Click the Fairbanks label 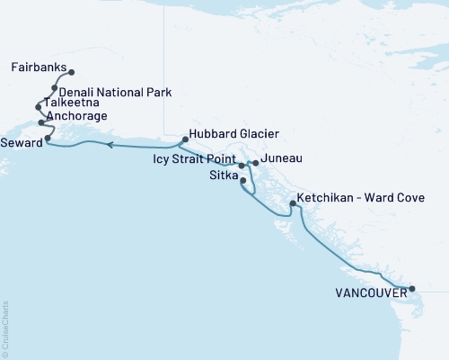[38, 67]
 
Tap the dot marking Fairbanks [71, 72]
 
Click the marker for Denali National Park [55, 88]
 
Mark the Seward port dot [48, 139]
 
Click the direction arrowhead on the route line [108, 144]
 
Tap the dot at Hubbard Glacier [184, 139]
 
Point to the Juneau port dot [256, 163]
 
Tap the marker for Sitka [243, 181]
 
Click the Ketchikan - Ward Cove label [362, 195]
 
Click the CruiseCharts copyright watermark [4, 328]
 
